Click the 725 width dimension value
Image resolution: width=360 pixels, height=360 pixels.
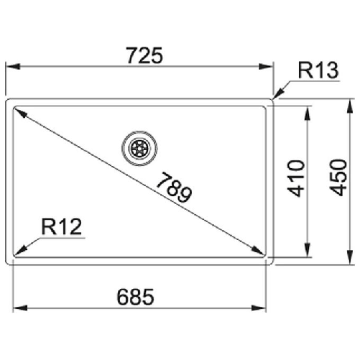142,54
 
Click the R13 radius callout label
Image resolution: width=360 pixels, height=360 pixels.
314,71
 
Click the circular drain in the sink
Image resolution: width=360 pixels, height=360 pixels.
138,147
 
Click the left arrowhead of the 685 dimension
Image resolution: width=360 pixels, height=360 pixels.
19,308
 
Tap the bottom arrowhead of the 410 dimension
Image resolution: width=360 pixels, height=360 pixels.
308,252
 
